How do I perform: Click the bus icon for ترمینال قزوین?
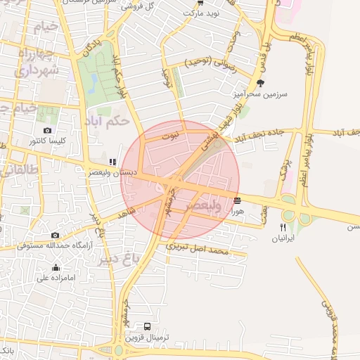click(x=147, y=327)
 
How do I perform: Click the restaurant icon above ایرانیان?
click(x=283, y=227)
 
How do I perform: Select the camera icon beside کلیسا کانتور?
click(x=47, y=131)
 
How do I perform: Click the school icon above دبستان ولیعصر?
click(x=113, y=162)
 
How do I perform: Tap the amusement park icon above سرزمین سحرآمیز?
click(x=262, y=83)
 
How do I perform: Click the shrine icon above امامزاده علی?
click(x=56, y=267)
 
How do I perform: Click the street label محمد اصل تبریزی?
click(x=198, y=249)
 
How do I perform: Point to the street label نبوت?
click(x=170, y=136)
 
